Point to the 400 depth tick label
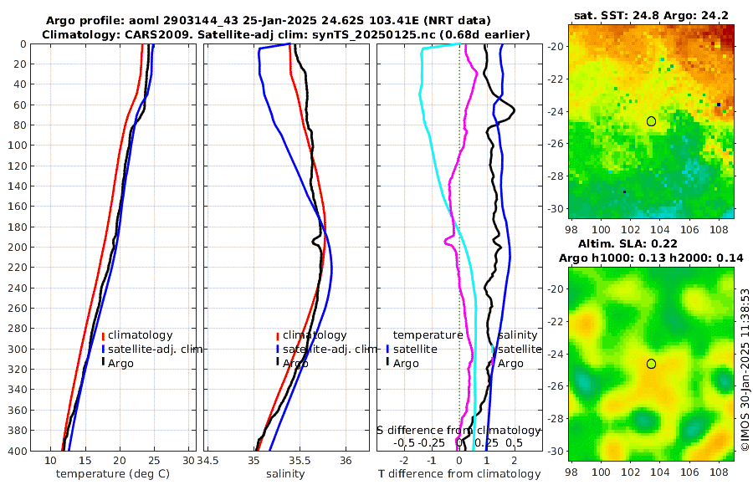coord(17,451)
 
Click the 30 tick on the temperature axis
coord(188,461)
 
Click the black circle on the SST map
coord(651,121)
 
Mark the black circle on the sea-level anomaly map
coord(651,364)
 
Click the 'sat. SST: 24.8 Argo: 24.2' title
coord(651,16)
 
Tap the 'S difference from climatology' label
coord(458,430)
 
